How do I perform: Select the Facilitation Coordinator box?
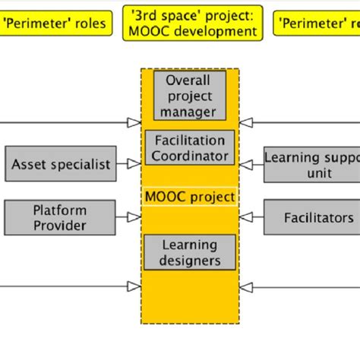click(x=190, y=148)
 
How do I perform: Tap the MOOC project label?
click(x=190, y=197)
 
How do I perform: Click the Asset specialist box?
click(x=62, y=164)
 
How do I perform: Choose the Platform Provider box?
click(x=60, y=217)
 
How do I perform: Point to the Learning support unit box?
click(x=311, y=164)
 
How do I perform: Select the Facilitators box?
click(x=311, y=217)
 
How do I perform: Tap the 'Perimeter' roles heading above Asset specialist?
click(x=55, y=23)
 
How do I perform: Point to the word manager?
click(x=190, y=112)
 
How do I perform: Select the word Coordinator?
click(x=190, y=156)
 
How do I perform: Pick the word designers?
click(x=190, y=261)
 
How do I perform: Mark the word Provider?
click(x=60, y=226)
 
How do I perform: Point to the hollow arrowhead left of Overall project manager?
click(x=134, y=121)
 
